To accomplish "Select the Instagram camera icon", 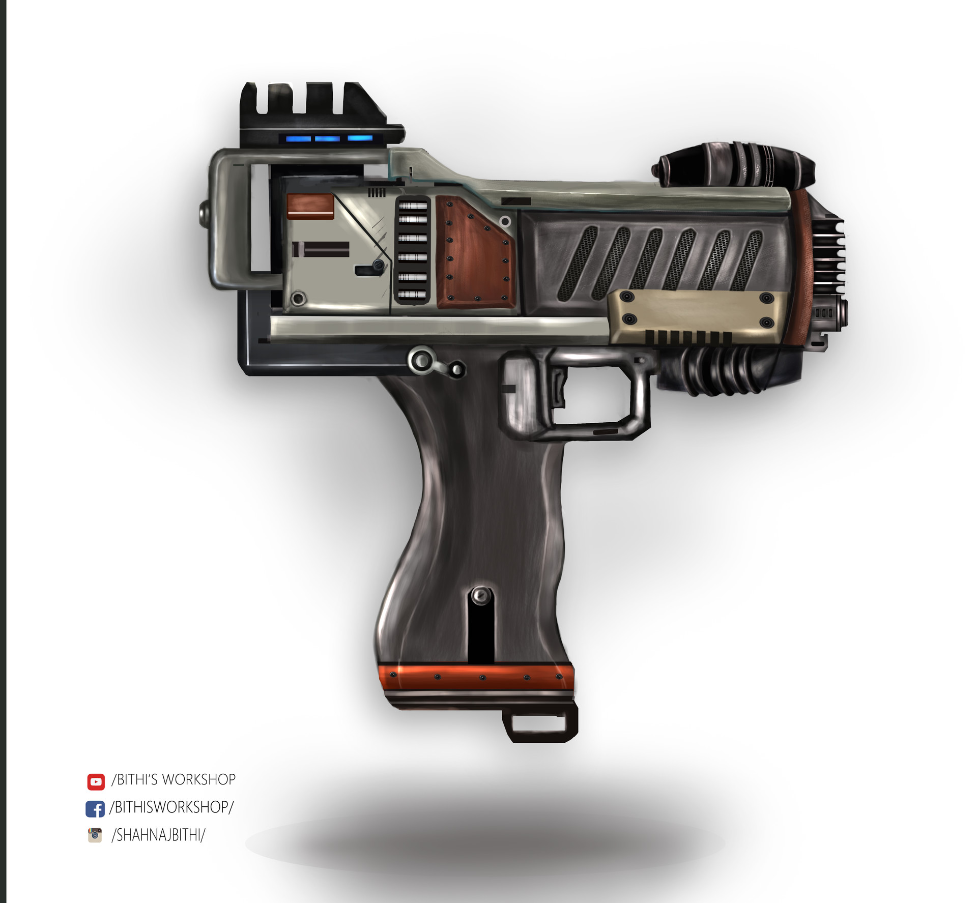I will pyautogui.click(x=95, y=835).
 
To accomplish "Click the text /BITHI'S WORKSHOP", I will pyautogui.click(x=174, y=780).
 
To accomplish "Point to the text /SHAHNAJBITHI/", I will pyautogui.click(x=158, y=835).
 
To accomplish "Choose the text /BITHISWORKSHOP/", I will pyautogui.click(x=171, y=807).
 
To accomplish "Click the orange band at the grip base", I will pyautogui.click(x=476, y=677).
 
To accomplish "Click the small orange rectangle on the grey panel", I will pyautogui.click(x=310, y=206).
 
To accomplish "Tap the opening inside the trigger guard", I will pyautogui.click(x=595, y=395).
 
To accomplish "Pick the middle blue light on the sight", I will pyautogui.click(x=327, y=138).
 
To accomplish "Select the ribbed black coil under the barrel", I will pyautogui.click(x=723, y=369).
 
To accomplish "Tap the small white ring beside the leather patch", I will pyautogui.click(x=505, y=221).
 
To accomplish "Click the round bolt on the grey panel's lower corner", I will pyautogui.click(x=298, y=298).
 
